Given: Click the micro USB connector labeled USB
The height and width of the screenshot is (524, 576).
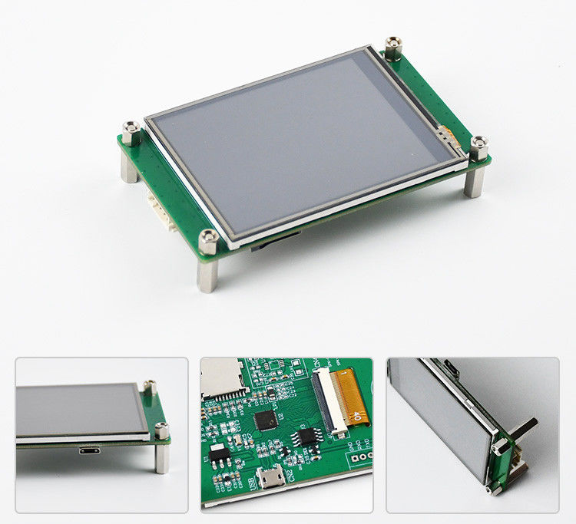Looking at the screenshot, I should point(270,480).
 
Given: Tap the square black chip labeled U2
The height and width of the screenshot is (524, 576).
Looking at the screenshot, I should point(266,419).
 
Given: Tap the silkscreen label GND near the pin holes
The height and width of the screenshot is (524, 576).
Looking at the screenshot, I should point(350,446).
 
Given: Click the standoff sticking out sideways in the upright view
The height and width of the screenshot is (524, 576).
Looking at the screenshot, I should point(524,429).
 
